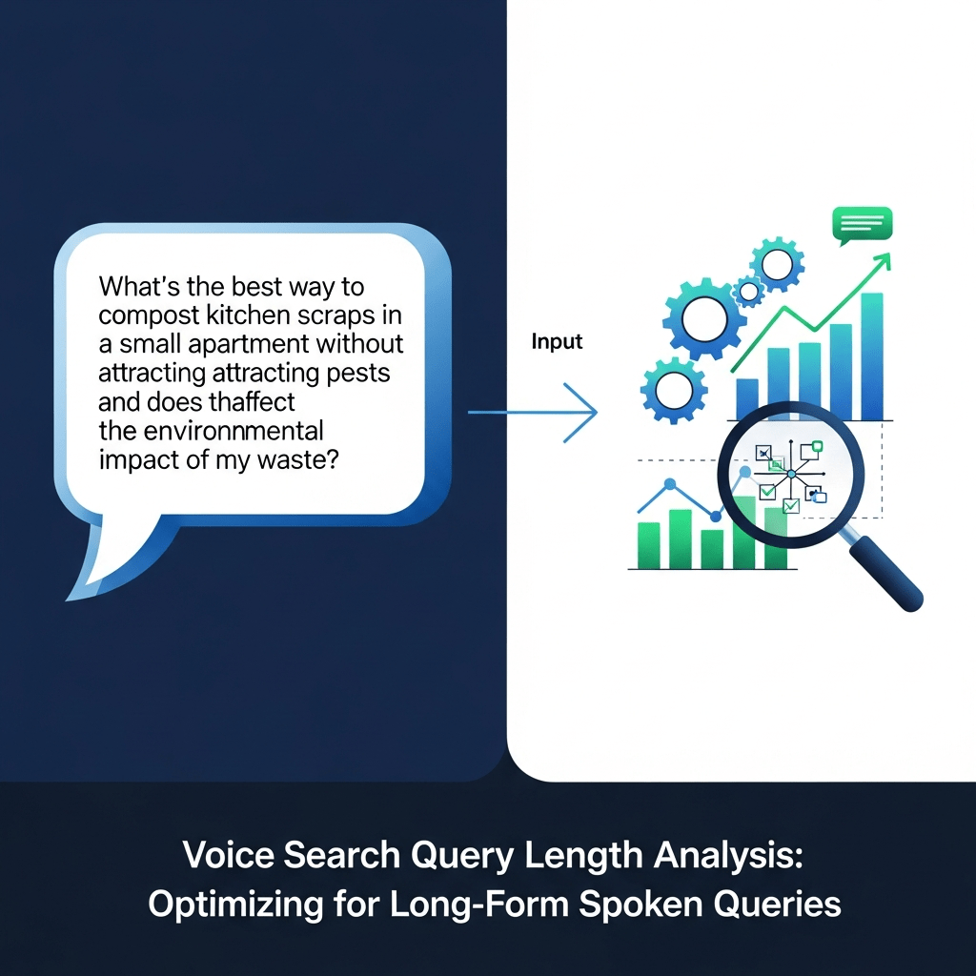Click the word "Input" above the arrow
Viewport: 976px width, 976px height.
point(557,342)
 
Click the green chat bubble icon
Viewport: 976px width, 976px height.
point(861,225)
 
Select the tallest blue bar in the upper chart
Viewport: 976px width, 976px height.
point(871,356)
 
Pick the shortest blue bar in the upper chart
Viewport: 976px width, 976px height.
point(747,398)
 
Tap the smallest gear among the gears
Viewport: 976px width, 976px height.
point(750,290)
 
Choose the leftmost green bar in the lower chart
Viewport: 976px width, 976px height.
point(648,545)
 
